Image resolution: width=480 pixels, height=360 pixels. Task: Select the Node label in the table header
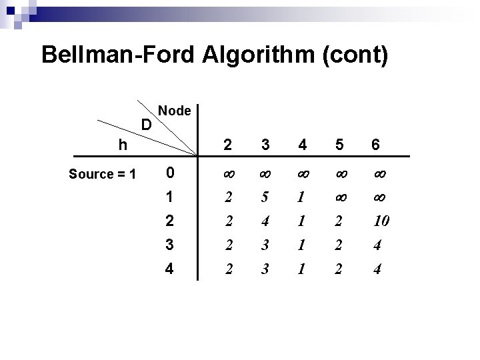175,111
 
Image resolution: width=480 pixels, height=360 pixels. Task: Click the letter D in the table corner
147,124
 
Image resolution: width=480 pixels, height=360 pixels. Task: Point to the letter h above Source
121,144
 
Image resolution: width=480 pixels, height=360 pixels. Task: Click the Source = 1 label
103,175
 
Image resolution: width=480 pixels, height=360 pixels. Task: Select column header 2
228,145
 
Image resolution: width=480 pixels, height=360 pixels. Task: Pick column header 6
376,145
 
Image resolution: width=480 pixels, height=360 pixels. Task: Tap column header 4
302,145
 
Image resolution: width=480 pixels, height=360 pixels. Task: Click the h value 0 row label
171,173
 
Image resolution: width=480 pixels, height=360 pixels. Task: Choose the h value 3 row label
171,246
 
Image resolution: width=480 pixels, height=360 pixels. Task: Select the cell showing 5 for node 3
265,198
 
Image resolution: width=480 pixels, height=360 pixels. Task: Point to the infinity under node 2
228,174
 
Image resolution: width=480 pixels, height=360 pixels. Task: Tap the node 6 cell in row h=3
377,246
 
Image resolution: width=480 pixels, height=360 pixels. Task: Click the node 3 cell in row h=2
265,222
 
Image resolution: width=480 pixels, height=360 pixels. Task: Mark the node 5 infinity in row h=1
339,198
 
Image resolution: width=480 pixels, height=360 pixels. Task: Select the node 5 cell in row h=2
339,222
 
